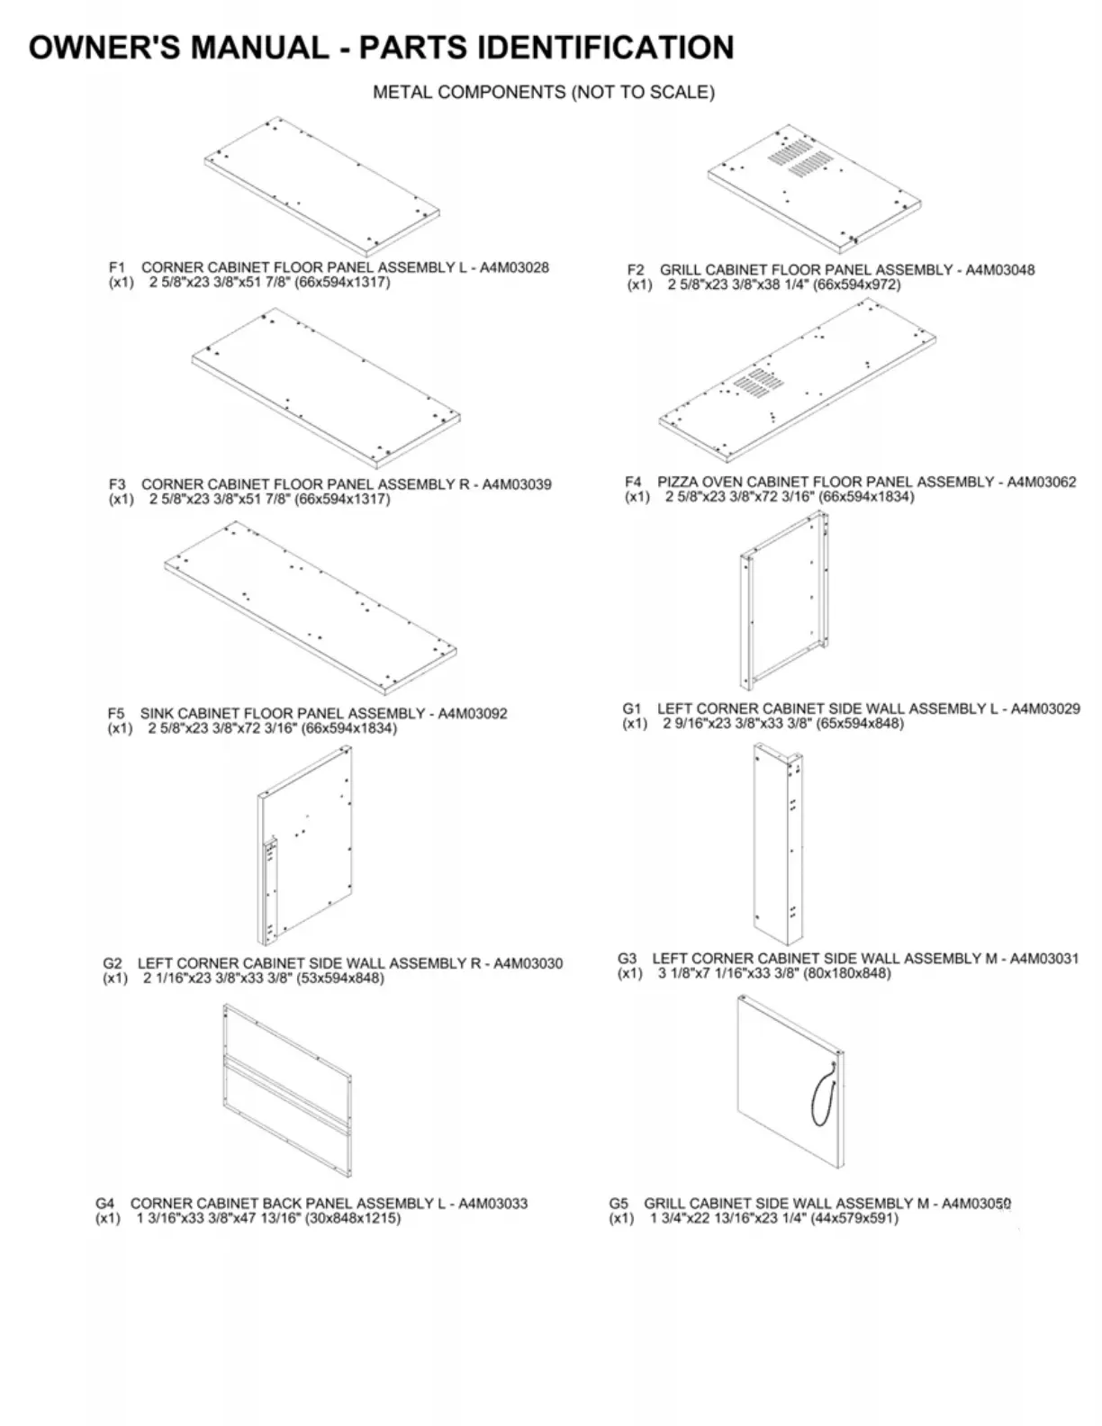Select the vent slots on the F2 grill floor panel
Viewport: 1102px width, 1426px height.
tap(796, 158)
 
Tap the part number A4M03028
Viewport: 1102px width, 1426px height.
tap(514, 267)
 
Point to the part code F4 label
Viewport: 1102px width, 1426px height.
tap(634, 482)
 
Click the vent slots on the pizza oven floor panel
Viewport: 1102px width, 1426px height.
tap(754, 382)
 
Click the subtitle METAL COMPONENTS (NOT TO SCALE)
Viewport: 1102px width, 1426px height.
tap(544, 92)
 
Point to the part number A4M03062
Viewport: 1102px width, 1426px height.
tap(1041, 482)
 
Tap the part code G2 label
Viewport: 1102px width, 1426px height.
tap(112, 963)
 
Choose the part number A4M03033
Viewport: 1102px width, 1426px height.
tap(493, 1204)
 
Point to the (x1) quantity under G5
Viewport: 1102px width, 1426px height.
tap(621, 1219)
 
